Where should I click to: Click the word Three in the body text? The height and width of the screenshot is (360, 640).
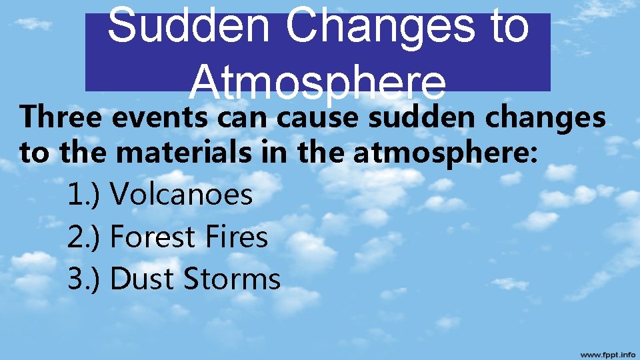[x=60, y=118]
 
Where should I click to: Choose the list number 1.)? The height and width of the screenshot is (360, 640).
[x=84, y=195]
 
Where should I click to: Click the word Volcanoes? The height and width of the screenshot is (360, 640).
[x=181, y=195]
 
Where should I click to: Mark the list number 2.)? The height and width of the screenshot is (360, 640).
[x=84, y=237]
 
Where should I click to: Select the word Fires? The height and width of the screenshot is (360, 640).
[x=236, y=237]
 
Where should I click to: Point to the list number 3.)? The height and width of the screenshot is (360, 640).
[x=84, y=279]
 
